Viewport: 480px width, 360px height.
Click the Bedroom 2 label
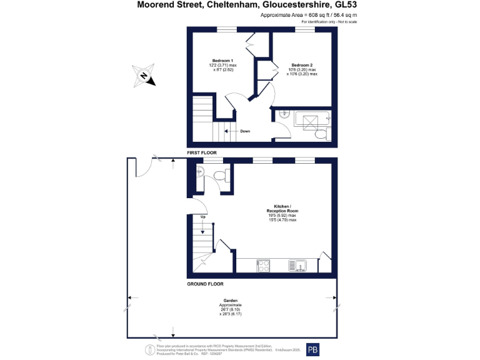tap(302, 65)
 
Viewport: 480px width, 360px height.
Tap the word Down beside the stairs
tap(245, 131)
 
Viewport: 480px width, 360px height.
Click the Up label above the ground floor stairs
tap(202, 217)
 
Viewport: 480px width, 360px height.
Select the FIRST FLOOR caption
tap(202, 152)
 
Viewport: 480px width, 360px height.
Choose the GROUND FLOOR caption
tap(206, 284)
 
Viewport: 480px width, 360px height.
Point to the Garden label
tap(231, 300)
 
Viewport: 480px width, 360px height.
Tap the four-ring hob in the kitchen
tap(263, 266)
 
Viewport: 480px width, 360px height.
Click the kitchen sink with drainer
tap(298, 266)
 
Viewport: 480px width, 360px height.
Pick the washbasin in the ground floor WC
tap(199, 172)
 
